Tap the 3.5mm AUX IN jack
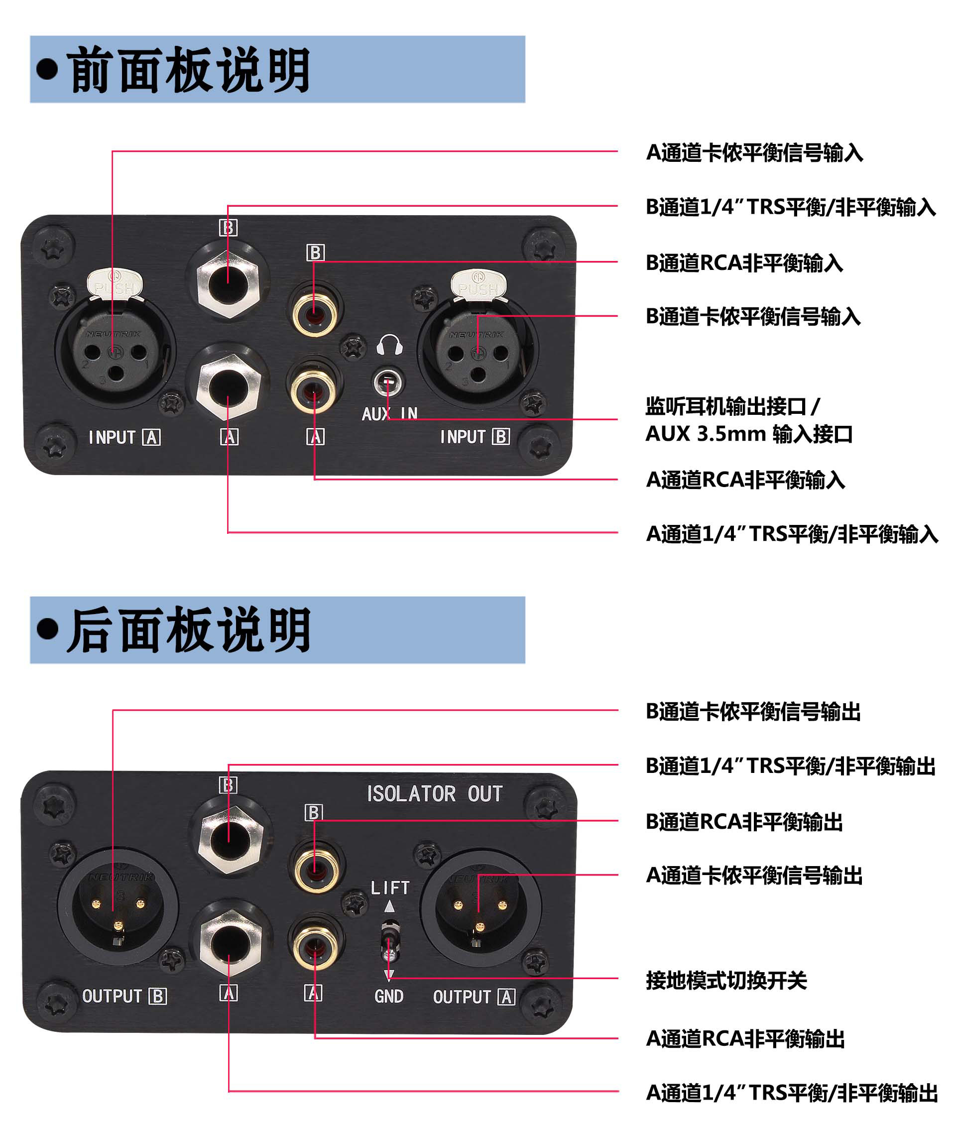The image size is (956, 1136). point(388,382)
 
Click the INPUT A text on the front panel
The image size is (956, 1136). point(124,437)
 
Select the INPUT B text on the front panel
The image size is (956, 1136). point(475,437)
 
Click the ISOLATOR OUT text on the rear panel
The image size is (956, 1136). point(435,794)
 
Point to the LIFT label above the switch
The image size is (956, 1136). point(390,888)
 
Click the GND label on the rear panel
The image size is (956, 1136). point(388,996)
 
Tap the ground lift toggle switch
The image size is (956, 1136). point(389,941)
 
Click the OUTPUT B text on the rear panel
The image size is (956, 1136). point(124,996)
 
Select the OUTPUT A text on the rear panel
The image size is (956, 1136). point(474,997)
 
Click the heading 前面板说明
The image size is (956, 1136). point(188,69)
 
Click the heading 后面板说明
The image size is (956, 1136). point(188,630)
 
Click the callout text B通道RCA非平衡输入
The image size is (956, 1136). point(744,263)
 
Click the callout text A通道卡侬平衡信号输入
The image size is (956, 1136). point(754,153)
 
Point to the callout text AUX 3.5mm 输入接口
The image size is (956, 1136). point(749,434)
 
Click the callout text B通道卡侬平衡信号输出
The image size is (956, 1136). point(753,712)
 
